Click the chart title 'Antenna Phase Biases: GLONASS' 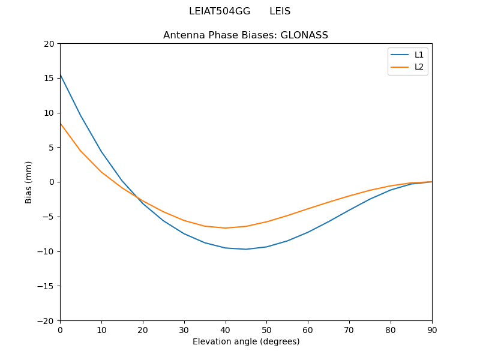coord(245,35)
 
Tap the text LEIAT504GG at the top coord(220,11)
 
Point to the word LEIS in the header coord(280,11)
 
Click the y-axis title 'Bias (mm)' coord(29,182)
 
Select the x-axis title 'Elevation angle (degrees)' coord(246,341)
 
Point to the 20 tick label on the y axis coord(49,44)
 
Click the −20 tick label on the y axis coord(46,320)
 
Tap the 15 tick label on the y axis coord(49,78)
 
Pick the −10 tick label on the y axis coord(46,251)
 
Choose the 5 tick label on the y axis coord(52,148)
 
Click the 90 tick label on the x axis coord(432,329)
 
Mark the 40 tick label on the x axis coord(225,329)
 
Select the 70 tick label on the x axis coord(349,329)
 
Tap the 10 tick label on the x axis coord(101,329)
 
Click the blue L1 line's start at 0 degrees coord(60,74)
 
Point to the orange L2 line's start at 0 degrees coord(60,123)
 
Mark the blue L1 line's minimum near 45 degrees coord(246,249)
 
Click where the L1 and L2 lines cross coord(138,198)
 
